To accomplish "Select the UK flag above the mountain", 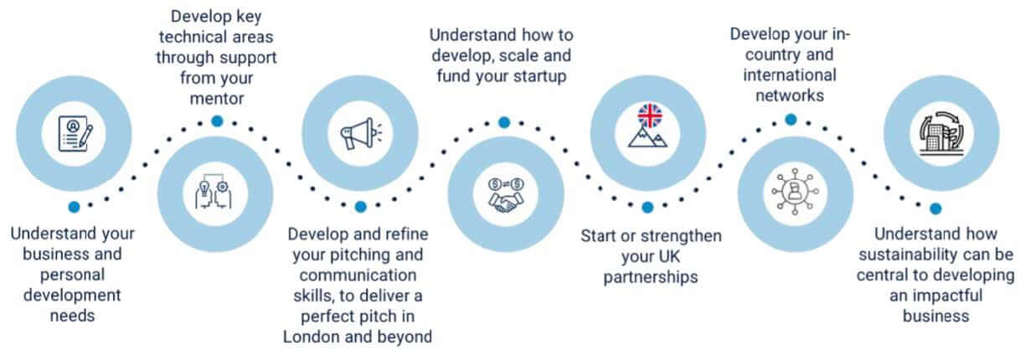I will [648, 114].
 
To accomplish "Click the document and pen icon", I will [75, 133].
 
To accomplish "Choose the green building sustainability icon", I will [936, 132].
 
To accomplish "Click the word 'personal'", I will [75, 274].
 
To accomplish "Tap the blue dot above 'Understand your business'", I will [75, 206].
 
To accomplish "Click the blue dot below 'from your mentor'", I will [217, 121].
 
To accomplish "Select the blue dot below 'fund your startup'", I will [504, 122].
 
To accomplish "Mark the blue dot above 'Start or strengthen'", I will [647, 207].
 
